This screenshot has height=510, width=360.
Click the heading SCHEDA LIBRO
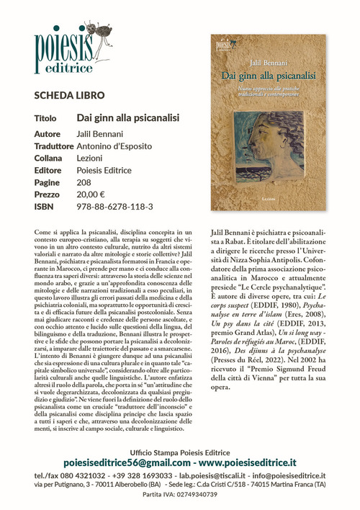(69, 95)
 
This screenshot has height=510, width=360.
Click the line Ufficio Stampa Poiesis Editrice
(180, 450)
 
